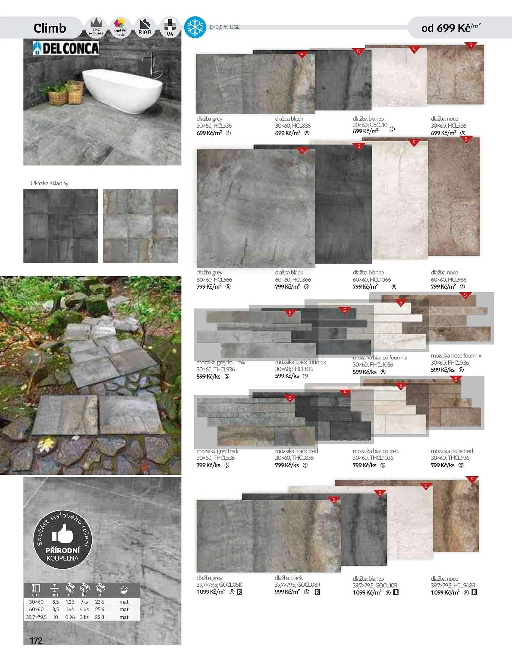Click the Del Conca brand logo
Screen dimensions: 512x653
click(66, 48)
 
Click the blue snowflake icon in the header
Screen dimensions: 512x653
click(195, 27)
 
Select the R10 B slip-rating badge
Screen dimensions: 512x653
click(145, 27)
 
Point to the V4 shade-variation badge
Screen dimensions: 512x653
click(170, 27)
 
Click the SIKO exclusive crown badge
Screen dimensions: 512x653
click(96, 27)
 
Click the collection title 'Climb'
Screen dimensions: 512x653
click(50, 28)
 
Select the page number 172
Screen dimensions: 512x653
click(36, 640)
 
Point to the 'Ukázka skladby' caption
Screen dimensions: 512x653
click(49, 183)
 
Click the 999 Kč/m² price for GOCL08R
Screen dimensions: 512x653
click(287, 592)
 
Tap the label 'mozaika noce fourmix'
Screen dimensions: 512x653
click(456, 355)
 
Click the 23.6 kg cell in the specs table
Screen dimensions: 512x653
click(100, 602)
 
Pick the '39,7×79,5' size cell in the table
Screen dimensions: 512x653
click(36, 617)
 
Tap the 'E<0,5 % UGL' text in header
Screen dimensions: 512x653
click(225, 27)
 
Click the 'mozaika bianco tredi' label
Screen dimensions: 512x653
click(376, 451)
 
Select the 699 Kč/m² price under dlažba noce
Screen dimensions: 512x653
click(443, 133)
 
